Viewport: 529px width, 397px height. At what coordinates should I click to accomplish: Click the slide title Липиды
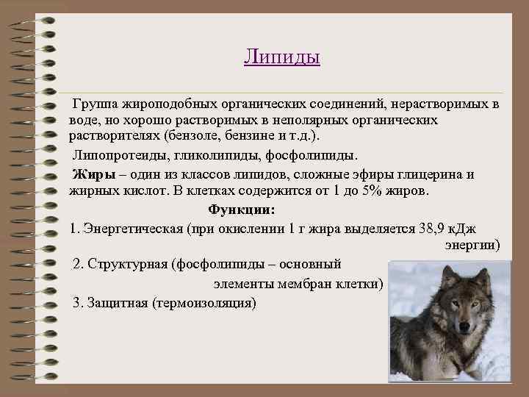point(281,57)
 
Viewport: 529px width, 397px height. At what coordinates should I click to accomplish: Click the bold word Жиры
point(87,174)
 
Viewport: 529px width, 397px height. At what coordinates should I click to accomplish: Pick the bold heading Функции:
point(242,210)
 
